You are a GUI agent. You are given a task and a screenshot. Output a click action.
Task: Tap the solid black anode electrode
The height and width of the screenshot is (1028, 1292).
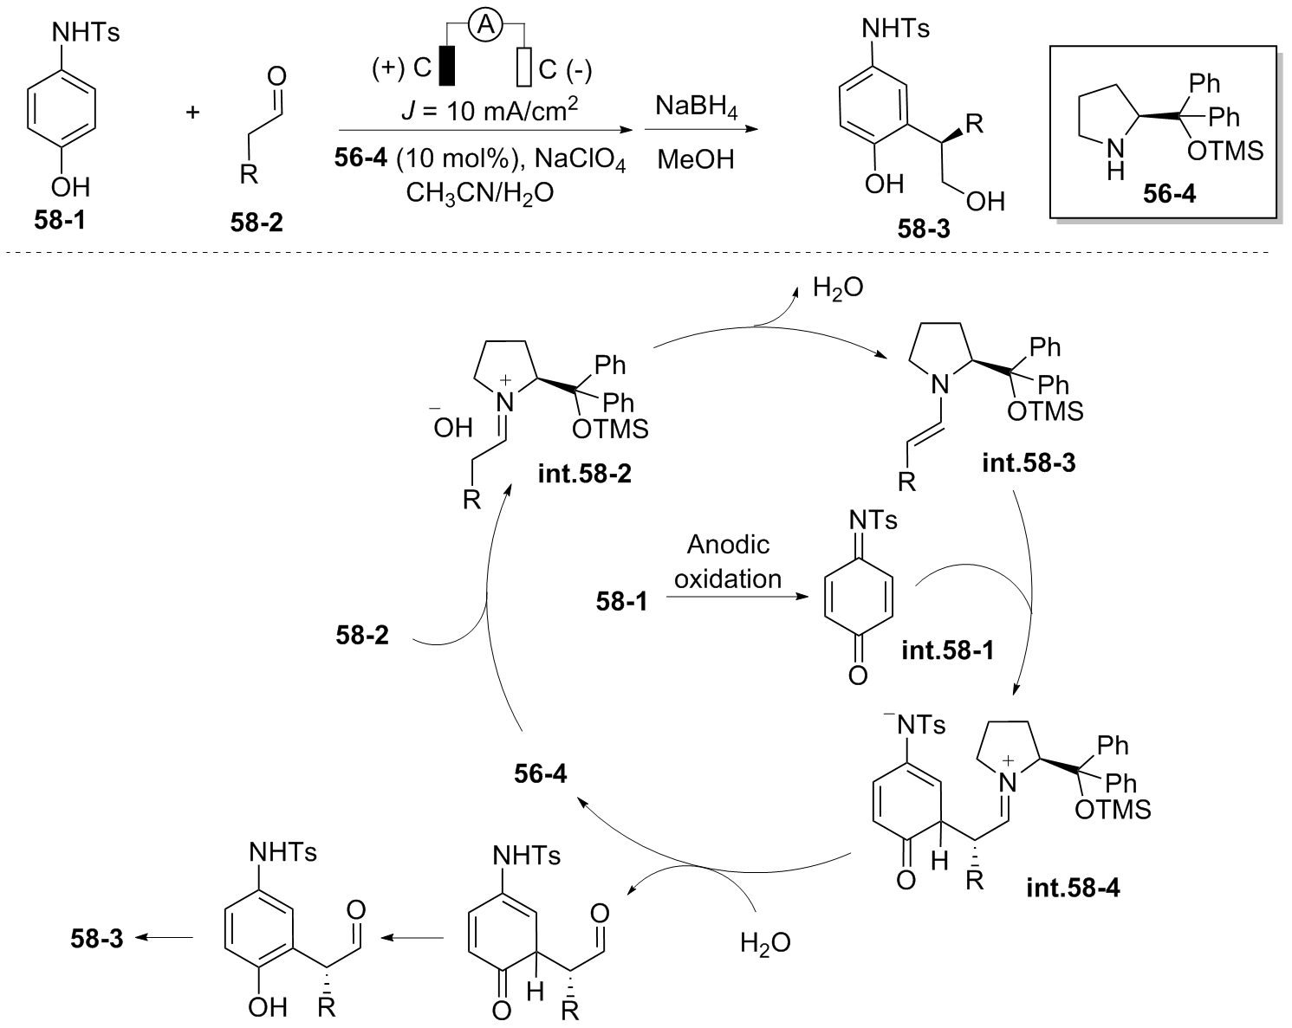point(446,66)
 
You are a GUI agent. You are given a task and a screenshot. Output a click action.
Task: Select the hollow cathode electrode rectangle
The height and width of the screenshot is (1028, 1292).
point(523,67)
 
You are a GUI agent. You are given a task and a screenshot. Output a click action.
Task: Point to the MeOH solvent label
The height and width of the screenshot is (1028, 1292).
point(695,159)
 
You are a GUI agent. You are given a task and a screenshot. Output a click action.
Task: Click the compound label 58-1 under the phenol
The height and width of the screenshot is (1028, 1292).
point(60,220)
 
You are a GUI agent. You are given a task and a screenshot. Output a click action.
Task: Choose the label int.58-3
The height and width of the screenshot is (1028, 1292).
point(1029,463)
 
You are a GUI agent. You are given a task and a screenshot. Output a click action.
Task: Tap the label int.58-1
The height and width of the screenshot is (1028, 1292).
point(946,649)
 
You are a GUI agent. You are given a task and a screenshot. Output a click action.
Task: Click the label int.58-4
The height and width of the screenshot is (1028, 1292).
point(1072,888)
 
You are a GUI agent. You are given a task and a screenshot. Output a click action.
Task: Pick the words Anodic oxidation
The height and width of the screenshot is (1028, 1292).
point(728,561)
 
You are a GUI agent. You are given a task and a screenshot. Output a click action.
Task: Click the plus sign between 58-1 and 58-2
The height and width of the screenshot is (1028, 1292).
point(192,112)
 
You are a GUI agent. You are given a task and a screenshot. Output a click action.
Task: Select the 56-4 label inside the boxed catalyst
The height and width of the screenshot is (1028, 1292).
point(1169,194)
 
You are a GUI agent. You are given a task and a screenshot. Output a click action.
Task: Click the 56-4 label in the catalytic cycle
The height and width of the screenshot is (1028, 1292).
point(539,773)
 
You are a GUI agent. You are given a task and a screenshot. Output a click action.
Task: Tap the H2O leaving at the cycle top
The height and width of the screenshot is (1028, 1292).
point(837,288)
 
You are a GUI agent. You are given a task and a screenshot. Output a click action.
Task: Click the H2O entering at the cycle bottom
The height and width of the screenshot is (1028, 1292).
point(765,942)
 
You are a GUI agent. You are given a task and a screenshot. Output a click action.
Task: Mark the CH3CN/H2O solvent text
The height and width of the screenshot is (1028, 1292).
point(479,192)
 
